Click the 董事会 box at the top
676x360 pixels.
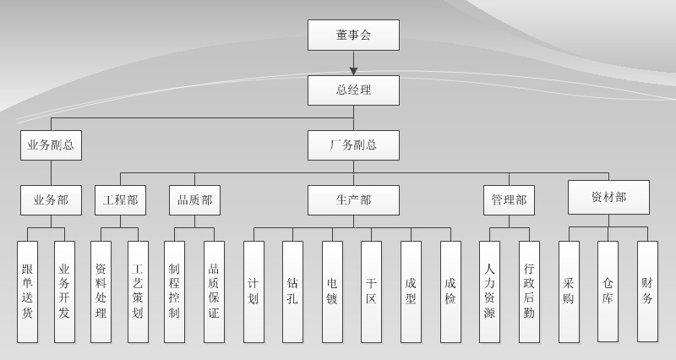pos(353,35)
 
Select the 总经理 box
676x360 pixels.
pos(353,90)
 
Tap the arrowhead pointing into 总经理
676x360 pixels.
pos(353,70)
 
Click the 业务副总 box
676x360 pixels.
pos(51,145)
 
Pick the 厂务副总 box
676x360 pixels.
pos(353,145)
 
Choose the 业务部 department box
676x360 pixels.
pos(51,200)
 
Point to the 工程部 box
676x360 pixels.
pos(120,200)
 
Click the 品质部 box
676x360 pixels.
pos(194,200)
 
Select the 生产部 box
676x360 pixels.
pos(353,200)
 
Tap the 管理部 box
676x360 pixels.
pos(509,200)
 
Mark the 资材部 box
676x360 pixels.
pos(608,197)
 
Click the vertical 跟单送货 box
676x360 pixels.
pos(27,292)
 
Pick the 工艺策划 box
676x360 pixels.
pos(139,292)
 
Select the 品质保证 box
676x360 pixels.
pos(214,292)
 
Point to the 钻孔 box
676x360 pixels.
pos(292,292)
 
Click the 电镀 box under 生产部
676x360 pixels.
pos(332,292)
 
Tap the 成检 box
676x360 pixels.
pos(450,292)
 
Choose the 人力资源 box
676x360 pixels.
pos(489,292)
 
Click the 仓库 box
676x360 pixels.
pos(608,292)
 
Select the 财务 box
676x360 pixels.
pos(647,292)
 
